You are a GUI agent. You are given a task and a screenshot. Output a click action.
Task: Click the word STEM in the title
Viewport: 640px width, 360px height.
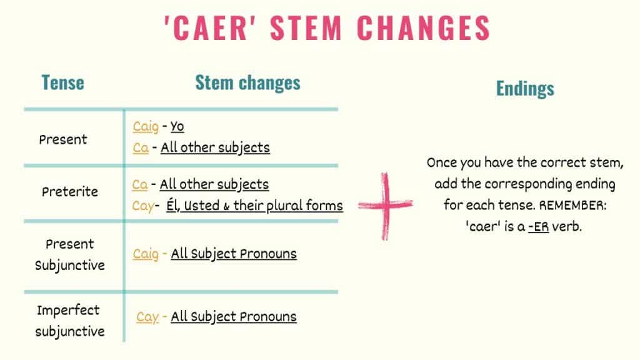click(306, 27)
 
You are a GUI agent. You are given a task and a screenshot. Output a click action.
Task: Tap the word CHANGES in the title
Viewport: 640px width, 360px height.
click(423, 27)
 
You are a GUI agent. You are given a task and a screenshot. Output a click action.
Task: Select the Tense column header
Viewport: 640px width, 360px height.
click(63, 82)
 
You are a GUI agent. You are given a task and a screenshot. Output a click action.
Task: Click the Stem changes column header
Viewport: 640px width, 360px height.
click(247, 82)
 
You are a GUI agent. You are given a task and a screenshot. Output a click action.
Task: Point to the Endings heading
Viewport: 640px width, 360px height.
click(525, 89)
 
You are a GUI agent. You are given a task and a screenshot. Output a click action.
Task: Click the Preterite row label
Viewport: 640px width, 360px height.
click(70, 191)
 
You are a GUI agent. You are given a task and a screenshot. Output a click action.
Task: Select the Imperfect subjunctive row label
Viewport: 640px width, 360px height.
click(69, 321)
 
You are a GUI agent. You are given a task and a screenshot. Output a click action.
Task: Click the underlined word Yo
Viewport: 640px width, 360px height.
click(177, 126)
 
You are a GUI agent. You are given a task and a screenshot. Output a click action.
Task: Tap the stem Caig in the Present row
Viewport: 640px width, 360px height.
click(145, 126)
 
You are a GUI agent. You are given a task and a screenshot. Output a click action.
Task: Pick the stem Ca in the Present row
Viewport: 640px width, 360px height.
click(141, 147)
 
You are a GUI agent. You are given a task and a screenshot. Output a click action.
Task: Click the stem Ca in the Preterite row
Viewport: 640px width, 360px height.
click(139, 184)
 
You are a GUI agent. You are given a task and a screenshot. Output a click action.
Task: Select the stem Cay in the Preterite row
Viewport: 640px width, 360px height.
click(143, 206)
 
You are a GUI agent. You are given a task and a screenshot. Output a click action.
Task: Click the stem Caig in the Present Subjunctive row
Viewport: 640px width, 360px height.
click(145, 254)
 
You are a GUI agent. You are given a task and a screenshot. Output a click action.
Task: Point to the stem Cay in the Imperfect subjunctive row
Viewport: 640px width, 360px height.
click(147, 317)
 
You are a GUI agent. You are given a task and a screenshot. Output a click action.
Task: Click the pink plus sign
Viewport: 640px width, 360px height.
click(385, 206)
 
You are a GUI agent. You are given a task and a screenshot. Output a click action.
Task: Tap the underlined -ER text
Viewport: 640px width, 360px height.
click(538, 226)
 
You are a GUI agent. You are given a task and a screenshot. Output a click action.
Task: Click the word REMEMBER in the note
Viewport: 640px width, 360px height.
click(572, 205)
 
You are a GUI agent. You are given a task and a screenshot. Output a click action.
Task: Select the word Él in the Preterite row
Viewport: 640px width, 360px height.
click(173, 205)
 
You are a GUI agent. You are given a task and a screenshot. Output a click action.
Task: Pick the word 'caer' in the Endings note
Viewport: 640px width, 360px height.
click(484, 226)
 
